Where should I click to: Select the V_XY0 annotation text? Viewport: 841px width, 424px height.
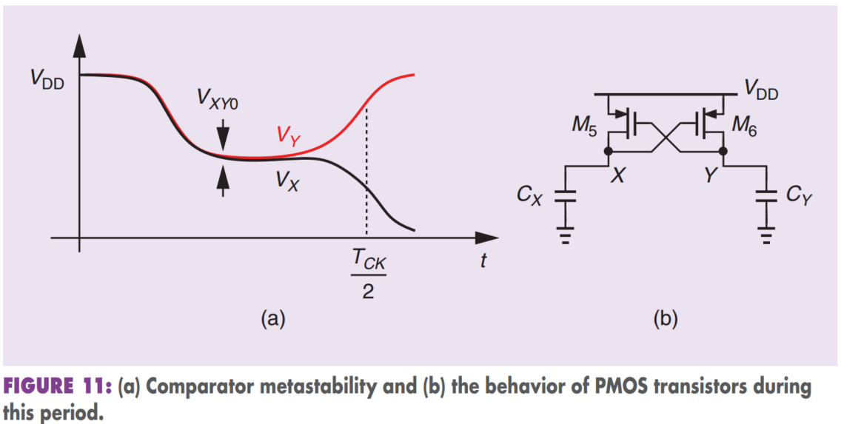tap(218, 100)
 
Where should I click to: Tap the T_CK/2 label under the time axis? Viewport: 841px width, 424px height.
tap(368, 275)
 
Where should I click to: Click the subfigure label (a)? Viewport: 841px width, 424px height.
tap(272, 319)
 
